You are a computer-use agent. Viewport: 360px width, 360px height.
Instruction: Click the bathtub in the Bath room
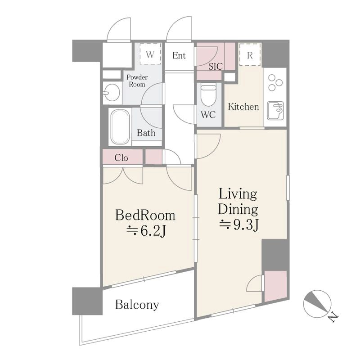[x=120, y=127]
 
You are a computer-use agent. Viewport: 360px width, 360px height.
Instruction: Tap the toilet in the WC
[x=208, y=94]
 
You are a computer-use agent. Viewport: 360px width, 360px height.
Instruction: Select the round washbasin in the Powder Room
[x=112, y=93]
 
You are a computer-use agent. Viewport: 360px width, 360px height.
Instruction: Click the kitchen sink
[x=275, y=111]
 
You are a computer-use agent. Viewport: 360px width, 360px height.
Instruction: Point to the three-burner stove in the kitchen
[x=275, y=82]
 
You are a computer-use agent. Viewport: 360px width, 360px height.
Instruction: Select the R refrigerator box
[x=250, y=54]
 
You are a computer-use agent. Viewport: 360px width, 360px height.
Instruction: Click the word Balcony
[x=137, y=305]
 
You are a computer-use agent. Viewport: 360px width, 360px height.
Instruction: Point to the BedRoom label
[x=145, y=216]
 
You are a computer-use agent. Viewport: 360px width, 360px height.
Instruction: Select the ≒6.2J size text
[x=146, y=231]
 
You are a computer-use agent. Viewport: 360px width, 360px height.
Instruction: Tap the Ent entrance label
[x=179, y=55]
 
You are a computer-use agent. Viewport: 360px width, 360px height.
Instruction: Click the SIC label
[x=216, y=67]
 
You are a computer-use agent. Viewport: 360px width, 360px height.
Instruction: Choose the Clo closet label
[x=121, y=158]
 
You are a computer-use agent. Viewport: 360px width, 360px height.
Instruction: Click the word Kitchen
[x=243, y=107]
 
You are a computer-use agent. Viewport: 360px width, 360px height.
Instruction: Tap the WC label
[x=208, y=115]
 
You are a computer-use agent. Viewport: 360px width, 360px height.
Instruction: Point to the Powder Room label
[x=137, y=81]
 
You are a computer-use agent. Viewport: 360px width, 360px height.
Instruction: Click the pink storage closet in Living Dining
[x=275, y=286]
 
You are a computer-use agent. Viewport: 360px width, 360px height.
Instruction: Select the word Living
[x=238, y=195]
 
